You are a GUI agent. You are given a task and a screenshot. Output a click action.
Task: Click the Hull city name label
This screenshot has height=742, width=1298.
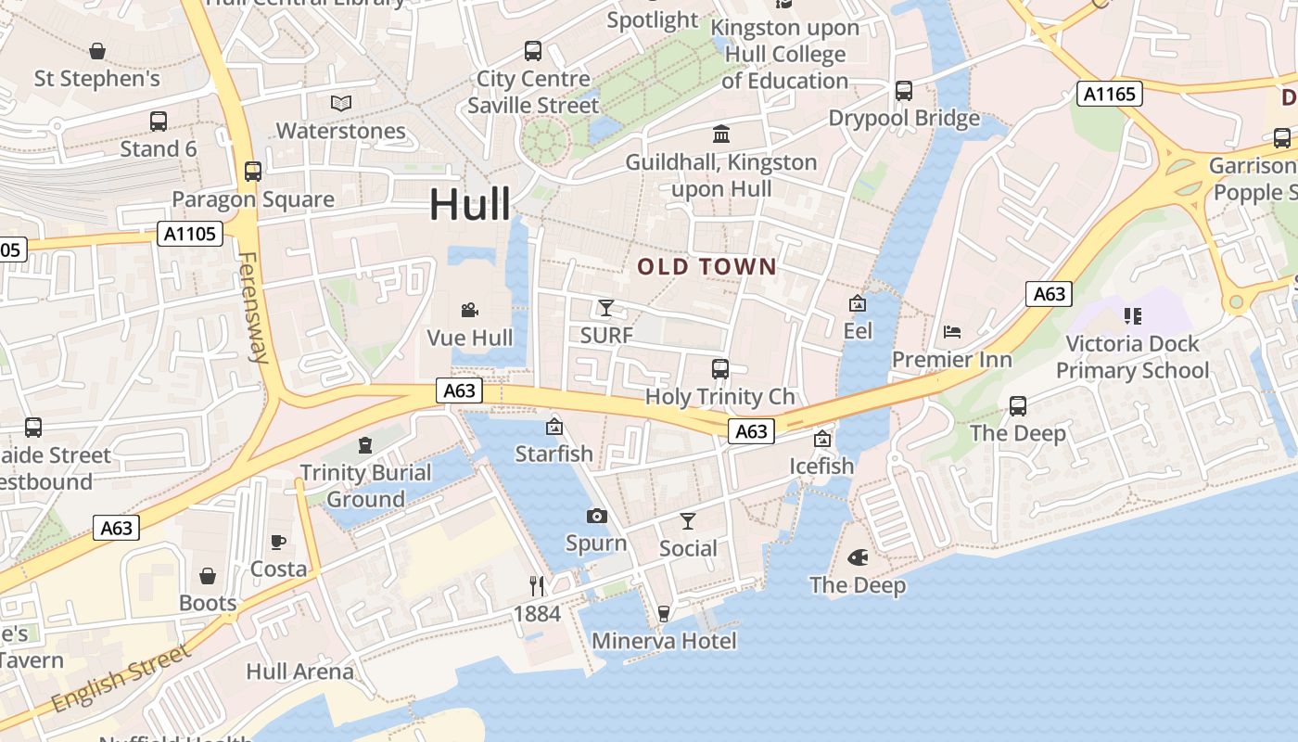(x=469, y=204)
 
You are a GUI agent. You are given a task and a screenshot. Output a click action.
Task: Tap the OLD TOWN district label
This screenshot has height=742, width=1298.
(x=706, y=267)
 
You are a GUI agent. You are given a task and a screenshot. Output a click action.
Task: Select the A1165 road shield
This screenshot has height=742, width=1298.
(x=1109, y=93)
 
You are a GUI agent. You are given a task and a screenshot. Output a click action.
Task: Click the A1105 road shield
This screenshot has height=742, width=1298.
(x=190, y=234)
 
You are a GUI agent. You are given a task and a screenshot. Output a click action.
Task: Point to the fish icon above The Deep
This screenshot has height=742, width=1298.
(x=858, y=558)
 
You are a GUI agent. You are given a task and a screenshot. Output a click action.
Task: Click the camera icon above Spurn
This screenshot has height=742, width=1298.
(x=596, y=516)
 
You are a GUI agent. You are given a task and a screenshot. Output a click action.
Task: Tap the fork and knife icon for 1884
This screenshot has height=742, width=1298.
(x=537, y=585)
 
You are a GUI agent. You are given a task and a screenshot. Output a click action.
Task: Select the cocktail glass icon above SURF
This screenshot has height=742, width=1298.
(x=606, y=307)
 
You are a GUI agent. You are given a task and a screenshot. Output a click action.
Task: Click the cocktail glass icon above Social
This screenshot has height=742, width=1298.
(x=688, y=520)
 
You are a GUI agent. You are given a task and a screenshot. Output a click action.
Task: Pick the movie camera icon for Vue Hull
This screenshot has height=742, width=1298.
(x=469, y=310)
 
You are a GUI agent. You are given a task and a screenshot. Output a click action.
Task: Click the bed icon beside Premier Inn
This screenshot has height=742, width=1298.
(x=951, y=332)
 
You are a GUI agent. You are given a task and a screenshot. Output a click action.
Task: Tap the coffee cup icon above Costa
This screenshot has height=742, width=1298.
(x=278, y=542)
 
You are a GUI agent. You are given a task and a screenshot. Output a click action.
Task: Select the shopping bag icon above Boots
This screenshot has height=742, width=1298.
(x=208, y=576)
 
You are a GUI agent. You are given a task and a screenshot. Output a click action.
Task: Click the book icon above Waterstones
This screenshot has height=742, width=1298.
(x=341, y=103)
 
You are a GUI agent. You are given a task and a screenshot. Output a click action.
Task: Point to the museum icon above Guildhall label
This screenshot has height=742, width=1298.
(x=720, y=134)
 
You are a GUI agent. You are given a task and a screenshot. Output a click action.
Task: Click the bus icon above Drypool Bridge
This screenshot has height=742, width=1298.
(x=903, y=91)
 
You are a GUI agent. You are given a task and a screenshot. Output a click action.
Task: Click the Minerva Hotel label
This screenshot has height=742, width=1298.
(x=664, y=641)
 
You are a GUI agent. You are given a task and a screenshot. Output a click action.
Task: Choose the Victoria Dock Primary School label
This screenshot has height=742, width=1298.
(x=1132, y=357)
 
